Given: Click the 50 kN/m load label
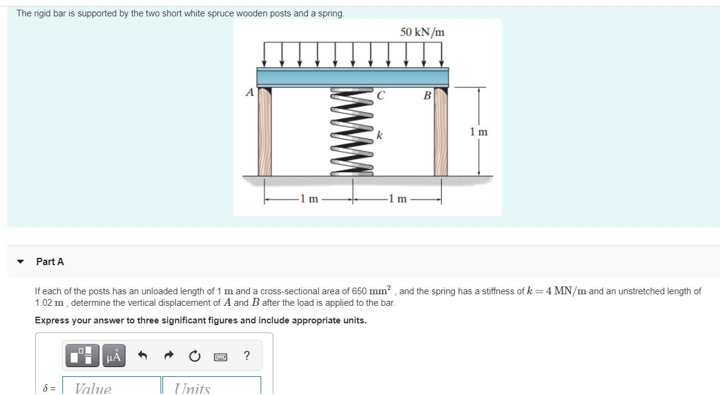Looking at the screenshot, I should coord(422,32).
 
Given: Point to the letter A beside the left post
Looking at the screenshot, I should coord(248,92).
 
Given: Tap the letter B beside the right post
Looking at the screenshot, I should coord(426,95).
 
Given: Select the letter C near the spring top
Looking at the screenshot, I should coord(380,95).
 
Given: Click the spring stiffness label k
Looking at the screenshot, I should coord(379,135).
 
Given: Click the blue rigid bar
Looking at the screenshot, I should coord(352,76).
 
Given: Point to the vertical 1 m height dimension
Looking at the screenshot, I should coord(479,132).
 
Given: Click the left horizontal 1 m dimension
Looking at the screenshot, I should coord(308,198).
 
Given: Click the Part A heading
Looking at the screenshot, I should coord(50,262).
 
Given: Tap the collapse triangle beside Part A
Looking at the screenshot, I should coord(21,262).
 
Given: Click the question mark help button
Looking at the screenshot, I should coord(246,356).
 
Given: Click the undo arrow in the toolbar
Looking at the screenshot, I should coord(142,357).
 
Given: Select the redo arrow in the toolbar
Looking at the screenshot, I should coord(168,357).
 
